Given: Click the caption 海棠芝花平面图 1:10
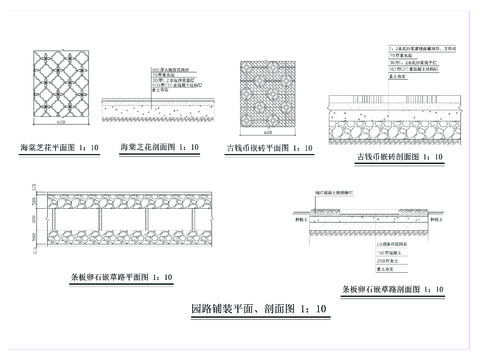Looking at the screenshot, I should [x=63, y=147].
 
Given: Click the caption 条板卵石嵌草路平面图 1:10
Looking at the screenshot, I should [x=106, y=275].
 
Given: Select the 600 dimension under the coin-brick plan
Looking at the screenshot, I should [x=267, y=134].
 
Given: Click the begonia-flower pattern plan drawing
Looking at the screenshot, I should [x=63, y=89].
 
